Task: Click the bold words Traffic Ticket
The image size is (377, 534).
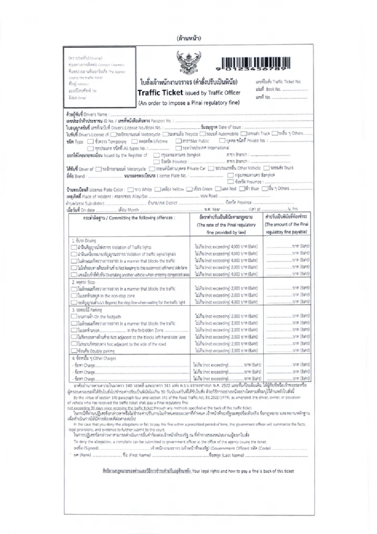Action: tap(160, 93)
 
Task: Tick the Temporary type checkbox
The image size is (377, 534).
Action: tap(91, 141)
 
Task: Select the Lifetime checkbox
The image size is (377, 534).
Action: tap(135, 141)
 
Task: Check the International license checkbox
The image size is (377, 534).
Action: tap(179, 148)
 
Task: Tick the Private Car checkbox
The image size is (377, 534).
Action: tap(152, 169)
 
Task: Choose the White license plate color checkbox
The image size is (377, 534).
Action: tap(131, 190)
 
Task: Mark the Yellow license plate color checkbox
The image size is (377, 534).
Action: tap(158, 190)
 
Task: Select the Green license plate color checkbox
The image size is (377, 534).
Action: tap(190, 190)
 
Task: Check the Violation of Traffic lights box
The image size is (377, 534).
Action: tap(74, 248)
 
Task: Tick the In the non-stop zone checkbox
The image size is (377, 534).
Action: tap(74, 296)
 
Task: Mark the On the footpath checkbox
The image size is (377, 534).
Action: tap(74, 317)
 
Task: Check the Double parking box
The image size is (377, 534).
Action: tap(74, 351)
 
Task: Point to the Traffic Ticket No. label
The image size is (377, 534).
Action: tap(278, 82)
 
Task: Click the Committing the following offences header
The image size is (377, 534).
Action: tap(129, 218)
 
